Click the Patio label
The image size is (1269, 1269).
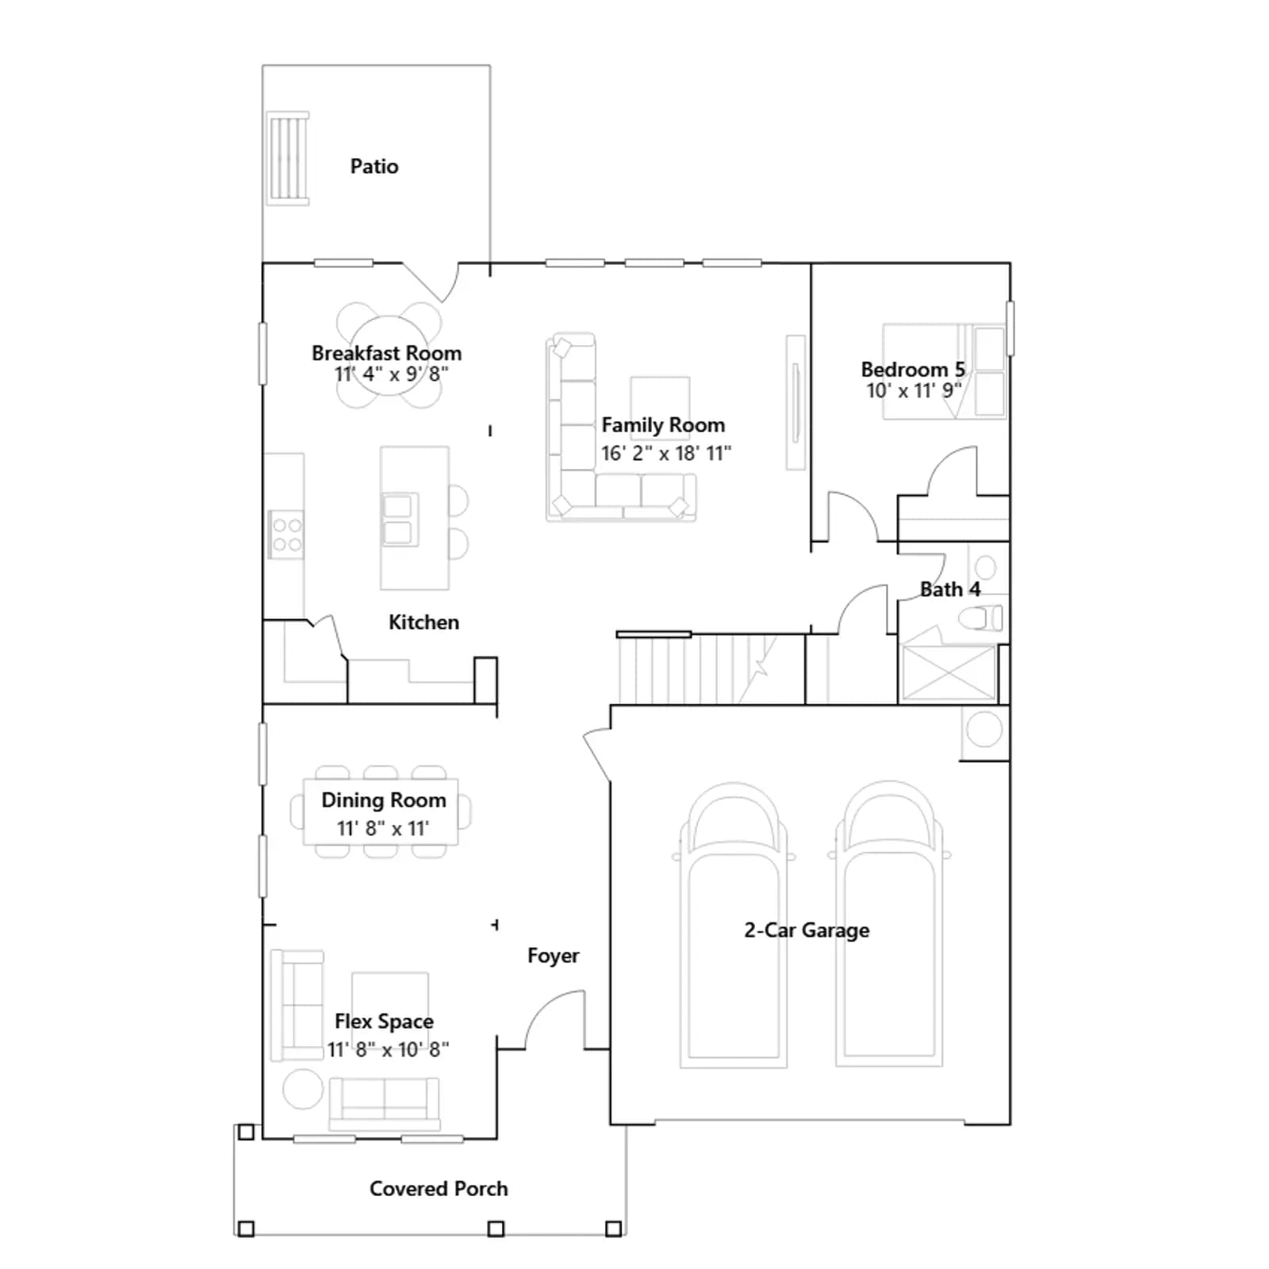pos(374,167)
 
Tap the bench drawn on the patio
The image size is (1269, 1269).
pos(288,159)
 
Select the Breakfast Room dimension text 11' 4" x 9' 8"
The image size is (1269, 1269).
pos(391,374)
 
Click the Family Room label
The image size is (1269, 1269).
pos(663,425)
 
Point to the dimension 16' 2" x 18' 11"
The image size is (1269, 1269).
pos(666,454)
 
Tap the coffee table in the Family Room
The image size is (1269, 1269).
pos(660,408)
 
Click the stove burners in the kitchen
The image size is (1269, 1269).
pos(286,534)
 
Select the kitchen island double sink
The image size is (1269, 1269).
pos(399,519)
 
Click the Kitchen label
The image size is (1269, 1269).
pos(424,623)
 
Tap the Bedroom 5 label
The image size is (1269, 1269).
pos(913,370)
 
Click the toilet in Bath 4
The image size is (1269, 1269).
pos(980,618)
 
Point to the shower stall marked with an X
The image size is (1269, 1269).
pos(949,673)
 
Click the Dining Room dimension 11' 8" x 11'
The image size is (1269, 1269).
pos(383,829)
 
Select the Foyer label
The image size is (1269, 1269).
pos(553,956)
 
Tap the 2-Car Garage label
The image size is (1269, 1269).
pos(807,930)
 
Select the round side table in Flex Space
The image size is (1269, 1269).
pos(303,1089)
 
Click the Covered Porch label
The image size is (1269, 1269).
pos(439,1189)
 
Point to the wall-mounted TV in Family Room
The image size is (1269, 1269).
pos(796,402)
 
